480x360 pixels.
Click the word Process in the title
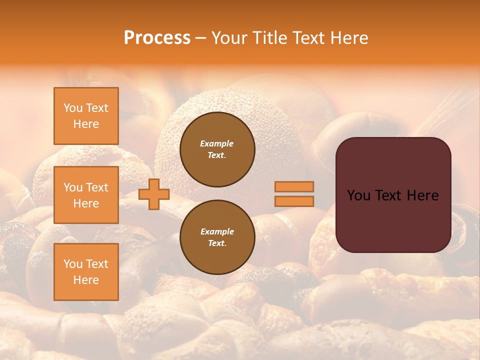point(157,37)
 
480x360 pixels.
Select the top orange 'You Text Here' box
point(86,116)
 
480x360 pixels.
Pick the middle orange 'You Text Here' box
point(86,195)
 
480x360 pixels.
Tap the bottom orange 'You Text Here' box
point(86,272)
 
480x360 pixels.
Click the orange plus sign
point(154,194)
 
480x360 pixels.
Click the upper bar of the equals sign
point(294,186)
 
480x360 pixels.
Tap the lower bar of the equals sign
point(294,201)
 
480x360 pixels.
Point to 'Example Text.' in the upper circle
point(217,149)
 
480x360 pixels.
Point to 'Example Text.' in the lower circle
point(217,237)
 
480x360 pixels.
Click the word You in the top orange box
point(73,108)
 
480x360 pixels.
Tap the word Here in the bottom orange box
point(86,280)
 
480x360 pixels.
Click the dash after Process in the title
point(201,38)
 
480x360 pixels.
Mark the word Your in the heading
point(229,37)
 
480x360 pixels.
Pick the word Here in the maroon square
point(423,195)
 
